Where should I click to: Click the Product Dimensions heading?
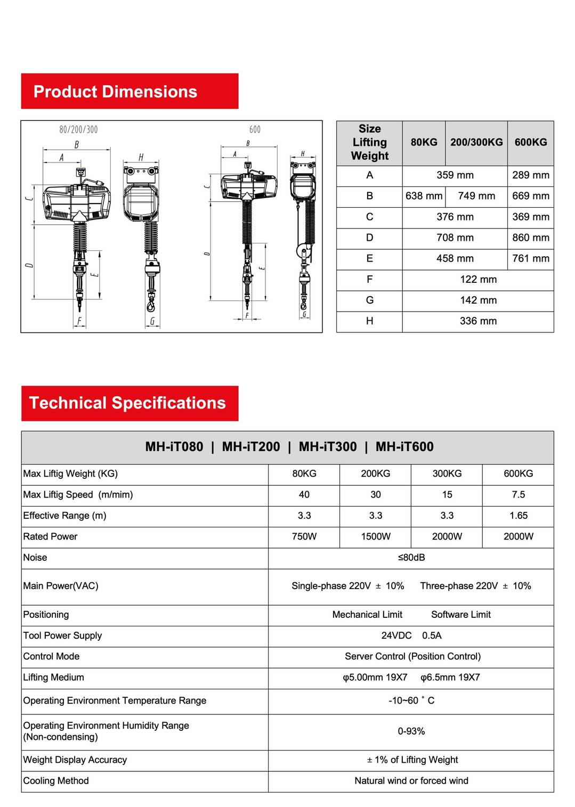[115, 92]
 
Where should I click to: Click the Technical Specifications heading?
[127, 403]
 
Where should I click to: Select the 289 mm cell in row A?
[530, 175]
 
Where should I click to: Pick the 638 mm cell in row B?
[424, 196]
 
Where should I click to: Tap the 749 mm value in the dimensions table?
[476, 196]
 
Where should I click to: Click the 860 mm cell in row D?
[530, 238]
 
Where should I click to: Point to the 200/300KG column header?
[476, 142]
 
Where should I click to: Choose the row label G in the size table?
[369, 300]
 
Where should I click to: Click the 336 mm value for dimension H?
[478, 321]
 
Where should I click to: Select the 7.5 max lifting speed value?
[518, 495]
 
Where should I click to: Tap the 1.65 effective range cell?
[518, 516]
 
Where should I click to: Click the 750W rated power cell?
[304, 536]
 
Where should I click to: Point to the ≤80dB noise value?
[411, 558]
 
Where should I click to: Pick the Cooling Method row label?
[56, 781]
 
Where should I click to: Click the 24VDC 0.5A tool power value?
[411, 635]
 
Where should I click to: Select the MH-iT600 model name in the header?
[404, 447]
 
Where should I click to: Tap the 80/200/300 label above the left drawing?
[78, 129]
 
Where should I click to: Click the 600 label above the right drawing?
[255, 129]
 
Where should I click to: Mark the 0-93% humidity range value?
[411, 731]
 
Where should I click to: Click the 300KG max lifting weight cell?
[447, 474]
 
